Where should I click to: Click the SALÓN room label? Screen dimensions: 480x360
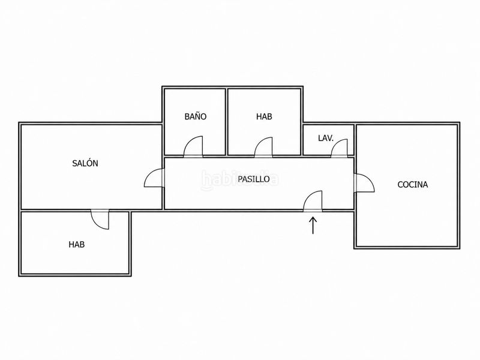click(85, 163)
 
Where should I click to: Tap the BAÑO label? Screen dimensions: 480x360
click(196, 116)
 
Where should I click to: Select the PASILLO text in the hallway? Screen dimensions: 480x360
click(254, 179)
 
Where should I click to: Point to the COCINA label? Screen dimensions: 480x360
click(412, 184)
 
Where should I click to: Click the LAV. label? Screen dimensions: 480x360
click(326, 138)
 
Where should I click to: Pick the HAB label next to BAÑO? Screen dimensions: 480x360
click(264, 116)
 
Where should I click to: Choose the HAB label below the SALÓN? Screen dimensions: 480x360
click(77, 244)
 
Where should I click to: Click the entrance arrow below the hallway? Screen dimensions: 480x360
click(313, 226)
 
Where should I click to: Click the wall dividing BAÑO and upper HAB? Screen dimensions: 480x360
click(227, 122)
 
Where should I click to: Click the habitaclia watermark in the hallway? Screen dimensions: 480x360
click(240, 179)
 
